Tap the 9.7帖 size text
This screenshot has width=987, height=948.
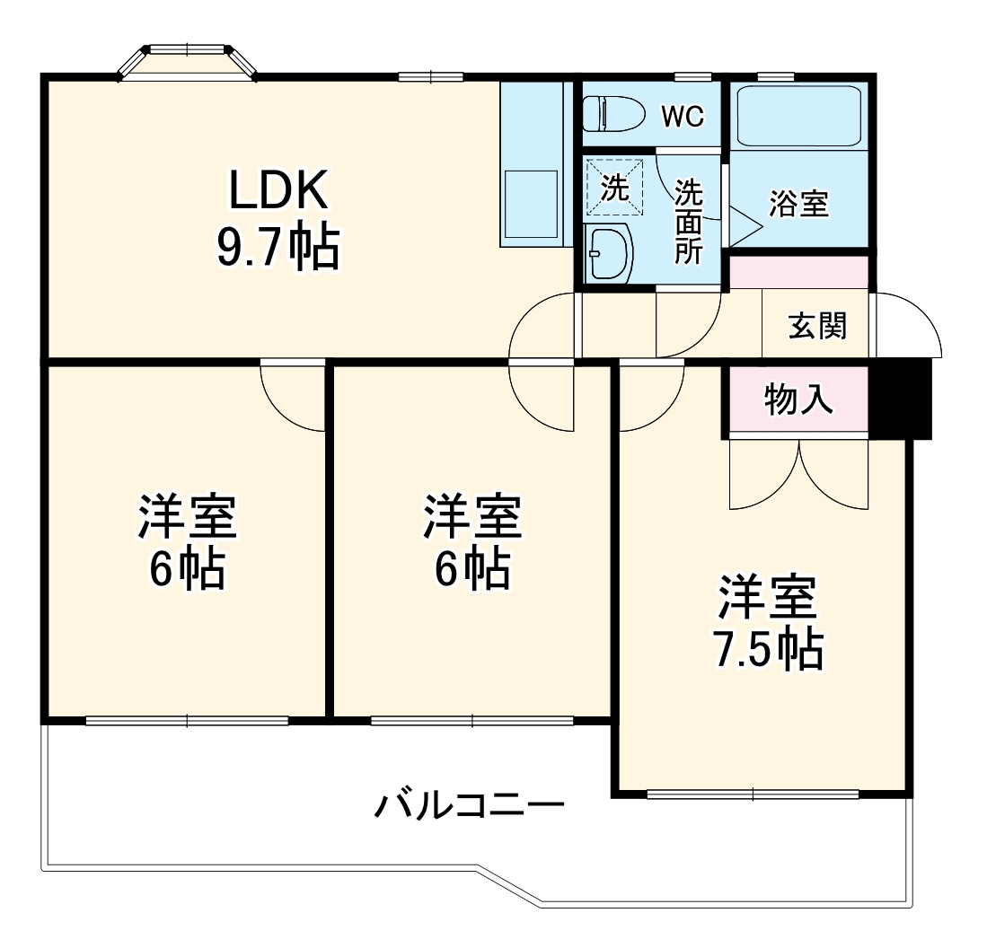click(278, 247)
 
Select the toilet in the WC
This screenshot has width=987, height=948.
click(613, 114)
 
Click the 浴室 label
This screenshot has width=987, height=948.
click(798, 204)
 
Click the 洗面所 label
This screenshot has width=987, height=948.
click(689, 221)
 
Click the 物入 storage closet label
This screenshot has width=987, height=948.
click(798, 399)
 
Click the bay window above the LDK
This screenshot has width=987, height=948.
click(189, 61)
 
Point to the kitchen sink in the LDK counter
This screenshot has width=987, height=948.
click(532, 206)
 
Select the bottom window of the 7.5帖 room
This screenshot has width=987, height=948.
click(753, 794)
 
